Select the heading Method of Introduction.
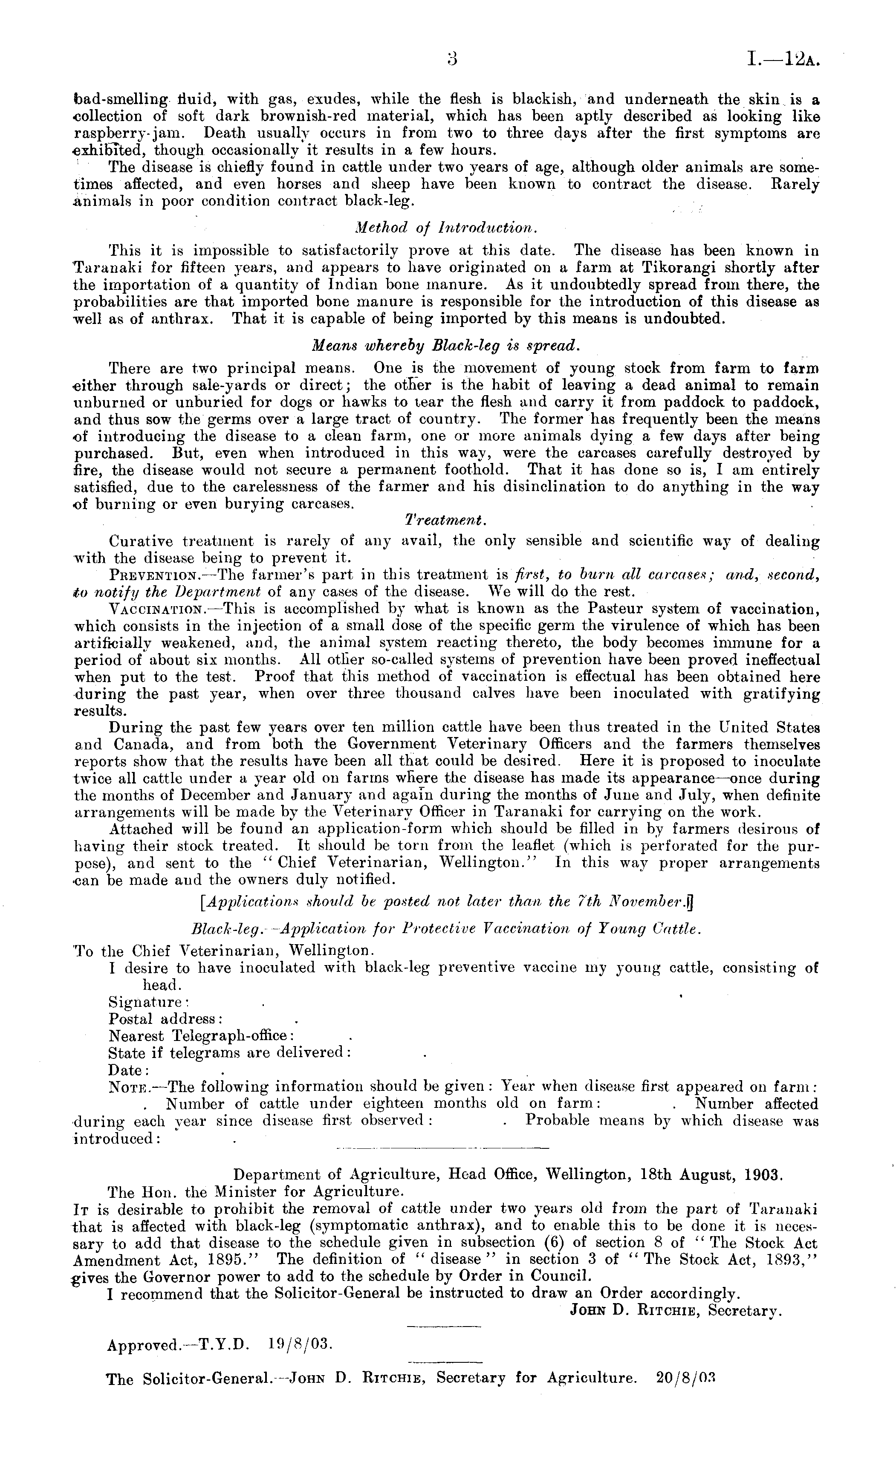(445, 228)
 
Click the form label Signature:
(148, 1002)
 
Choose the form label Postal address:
(166, 1019)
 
